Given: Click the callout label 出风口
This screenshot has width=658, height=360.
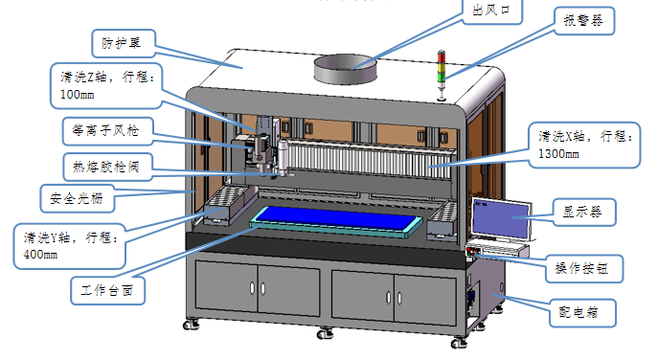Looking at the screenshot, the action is [x=491, y=11].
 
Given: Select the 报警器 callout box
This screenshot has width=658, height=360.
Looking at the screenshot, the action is [x=584, y=20].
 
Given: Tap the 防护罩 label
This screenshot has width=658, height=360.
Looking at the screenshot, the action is [x=123, y=43].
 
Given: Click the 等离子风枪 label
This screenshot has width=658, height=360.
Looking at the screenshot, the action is [x=106, y=131].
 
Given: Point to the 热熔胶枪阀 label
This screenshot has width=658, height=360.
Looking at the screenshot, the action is [x=106, y=167].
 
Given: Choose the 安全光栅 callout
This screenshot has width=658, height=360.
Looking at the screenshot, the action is [x=77, y=198].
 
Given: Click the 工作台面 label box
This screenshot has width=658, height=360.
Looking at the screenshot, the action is [x=107, y=290].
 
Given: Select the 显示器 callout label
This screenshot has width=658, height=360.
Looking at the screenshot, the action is [x=583, y=212].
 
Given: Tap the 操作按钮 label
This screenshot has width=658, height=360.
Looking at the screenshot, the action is [x=583, y=268].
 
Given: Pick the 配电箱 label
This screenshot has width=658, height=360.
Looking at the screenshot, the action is [x=582, y=312].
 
